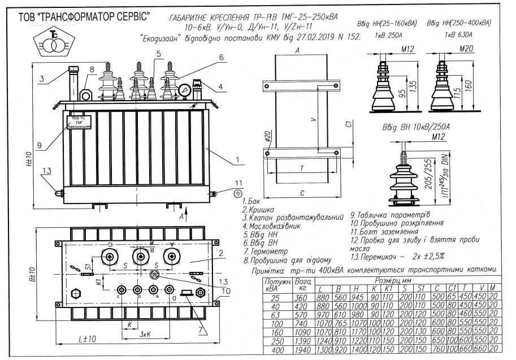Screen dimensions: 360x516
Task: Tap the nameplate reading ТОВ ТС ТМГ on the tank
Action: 79,123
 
